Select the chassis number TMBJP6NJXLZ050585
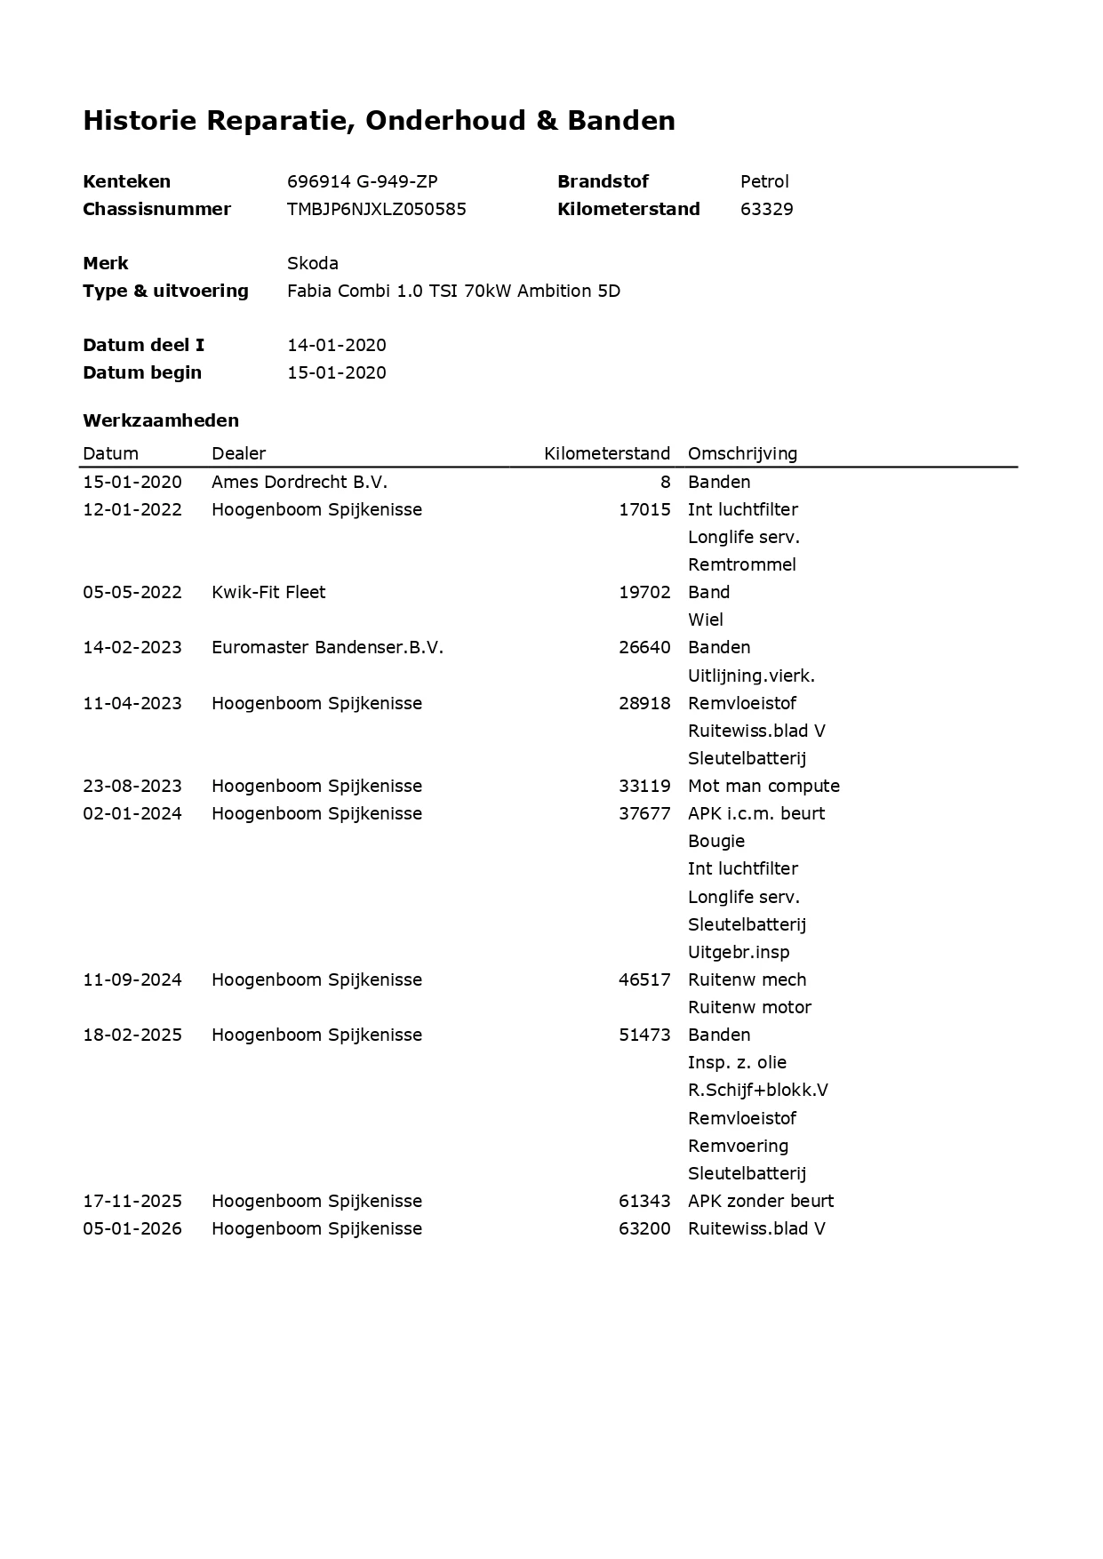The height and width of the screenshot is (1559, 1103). pyautogui.click(x=376, y=209)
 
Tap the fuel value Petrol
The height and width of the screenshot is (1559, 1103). pyautogui.click(x=764, y=181)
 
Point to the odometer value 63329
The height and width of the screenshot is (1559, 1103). pyautogui.click(x=766, y=209)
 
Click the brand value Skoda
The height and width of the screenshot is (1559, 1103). pyautogui.click(x=312, y=263)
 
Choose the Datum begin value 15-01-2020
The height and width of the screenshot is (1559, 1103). pyautogui.click(x=336, y=372)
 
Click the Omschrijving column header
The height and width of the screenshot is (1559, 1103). pyautogui.click(x=742, y=453)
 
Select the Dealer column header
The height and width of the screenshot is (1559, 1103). pyautogui.click(x=238, y=453)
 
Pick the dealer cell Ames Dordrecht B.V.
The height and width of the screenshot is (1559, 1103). pyautogui.click(x=299, y=482)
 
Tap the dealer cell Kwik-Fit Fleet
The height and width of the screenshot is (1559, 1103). pyautogui.click(x=268, y=592)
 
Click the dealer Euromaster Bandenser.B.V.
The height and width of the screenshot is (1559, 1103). pyautogui.click(x=327, y=647)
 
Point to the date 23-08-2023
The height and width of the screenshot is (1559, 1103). pyautogui.click(x=132, y=786)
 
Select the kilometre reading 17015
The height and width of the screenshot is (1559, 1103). pyautogui.click(x=644, y=509)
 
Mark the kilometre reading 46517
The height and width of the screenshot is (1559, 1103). pyautogui.click(x=644, y=979)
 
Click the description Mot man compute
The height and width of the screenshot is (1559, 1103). pyautogui.click(x=763, y=786)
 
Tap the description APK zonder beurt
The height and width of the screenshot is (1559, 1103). pyautogui.click(x=761, y=1201)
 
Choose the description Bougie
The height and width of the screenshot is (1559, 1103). pyautogui.click(x=716, y=841)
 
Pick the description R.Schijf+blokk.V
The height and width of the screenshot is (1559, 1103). pyautogui.click(x=757, y=1090)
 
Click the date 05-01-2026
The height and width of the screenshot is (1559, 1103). pyautogui.click(x=132, y=1228)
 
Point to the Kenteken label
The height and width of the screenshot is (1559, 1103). pyautogui.click(x=126, y=181)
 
